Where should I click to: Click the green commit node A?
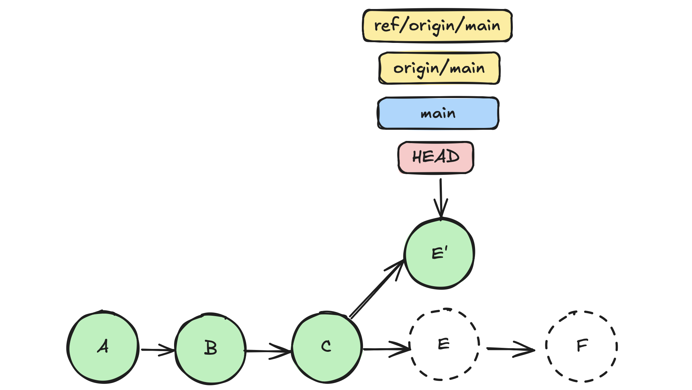tap(103, 347)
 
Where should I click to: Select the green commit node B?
tap(210, 348)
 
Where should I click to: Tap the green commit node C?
tap(326, 347)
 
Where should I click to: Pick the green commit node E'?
tap(439, 253)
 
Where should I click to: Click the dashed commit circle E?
tap(444, 344)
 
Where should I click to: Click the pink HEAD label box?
tap(436, 158)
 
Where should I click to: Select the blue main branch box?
tap(438, 113)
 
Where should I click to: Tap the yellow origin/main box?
tap(439, 68)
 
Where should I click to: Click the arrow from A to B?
tap(157, 350)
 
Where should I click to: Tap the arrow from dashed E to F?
tap(510, 349)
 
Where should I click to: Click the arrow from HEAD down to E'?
tap(441, 198)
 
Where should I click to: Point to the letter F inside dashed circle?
tap(582, 345)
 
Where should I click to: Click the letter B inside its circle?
tap(211, 348)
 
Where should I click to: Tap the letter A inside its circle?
tap(103, 347)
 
